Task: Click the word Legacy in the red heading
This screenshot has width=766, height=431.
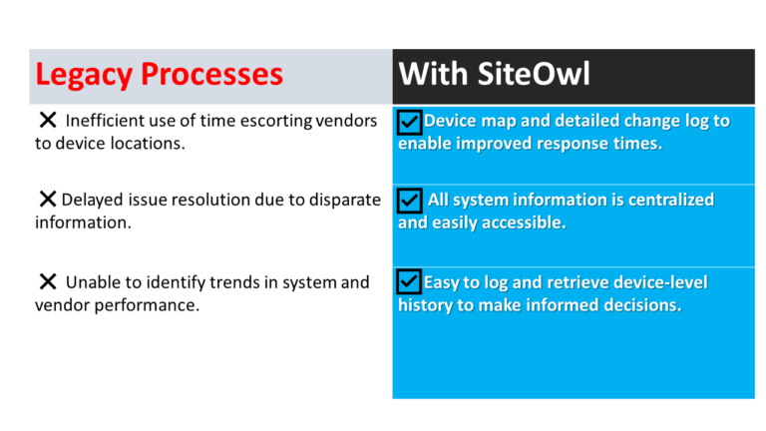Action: pyautogui.click(x=84, y=75)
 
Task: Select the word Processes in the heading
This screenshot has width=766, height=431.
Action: pyautogui.click(x=212, y=74)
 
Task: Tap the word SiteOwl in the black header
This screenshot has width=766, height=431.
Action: pyautogui.click(x=534, y=74)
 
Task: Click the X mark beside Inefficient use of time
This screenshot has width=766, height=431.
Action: pyautogui.click(x=48, y=120)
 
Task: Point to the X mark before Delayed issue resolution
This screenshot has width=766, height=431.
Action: pyautogui.click(x=48, y=199)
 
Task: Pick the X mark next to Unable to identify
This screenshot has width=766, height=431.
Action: pyautogui.click(x=48, y=281)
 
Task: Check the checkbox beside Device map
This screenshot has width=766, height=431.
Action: pyautogui.click(x=409, y=122)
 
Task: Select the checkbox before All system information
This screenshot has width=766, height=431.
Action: pyautogui.click(x=409, y=201)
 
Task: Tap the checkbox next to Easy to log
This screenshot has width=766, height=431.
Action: pyautogui.click(x=409, y=281)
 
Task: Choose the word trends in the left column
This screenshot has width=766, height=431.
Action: pyautogui.click(x=228, y=282)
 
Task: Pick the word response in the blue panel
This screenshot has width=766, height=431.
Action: pyautogui.click(x=583, y=144)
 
